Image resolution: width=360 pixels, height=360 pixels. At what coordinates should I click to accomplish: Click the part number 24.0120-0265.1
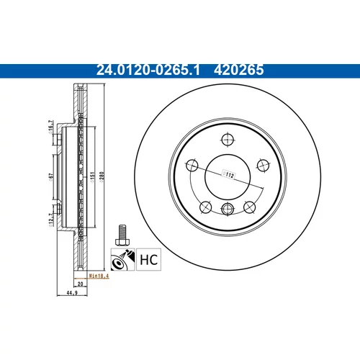pos(148,70)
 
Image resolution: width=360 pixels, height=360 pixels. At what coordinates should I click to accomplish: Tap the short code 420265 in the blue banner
pos(238,70)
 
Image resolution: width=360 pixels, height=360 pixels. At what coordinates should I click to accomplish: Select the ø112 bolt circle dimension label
pos(228,175)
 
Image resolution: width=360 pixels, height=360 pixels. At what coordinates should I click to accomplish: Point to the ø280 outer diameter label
pos(101,177)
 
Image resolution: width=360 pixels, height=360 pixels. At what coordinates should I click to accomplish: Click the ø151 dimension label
pos(92,177)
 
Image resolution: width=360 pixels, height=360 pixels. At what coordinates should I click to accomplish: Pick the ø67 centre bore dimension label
pos(50,177)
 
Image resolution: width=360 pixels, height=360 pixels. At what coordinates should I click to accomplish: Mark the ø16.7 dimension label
pos(50,127)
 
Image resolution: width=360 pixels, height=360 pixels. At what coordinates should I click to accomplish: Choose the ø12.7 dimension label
pos(50,220)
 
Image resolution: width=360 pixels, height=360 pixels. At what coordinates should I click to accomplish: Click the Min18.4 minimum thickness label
pos(99,276)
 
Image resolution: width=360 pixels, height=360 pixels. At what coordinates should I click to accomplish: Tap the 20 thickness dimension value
pos(81,284)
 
